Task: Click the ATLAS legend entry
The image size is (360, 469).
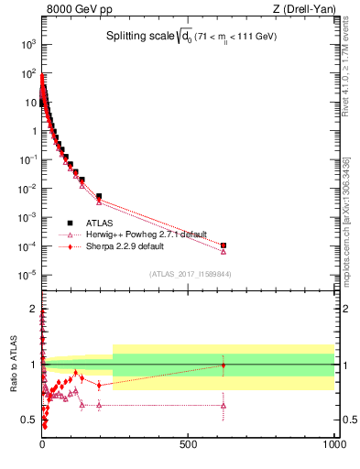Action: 101,223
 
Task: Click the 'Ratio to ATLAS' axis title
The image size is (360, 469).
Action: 13,364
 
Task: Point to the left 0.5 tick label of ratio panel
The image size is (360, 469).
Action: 30,420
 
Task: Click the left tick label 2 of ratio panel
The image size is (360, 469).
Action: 34,309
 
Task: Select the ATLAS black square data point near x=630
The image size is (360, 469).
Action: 224,245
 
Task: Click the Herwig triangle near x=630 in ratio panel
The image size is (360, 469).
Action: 224,405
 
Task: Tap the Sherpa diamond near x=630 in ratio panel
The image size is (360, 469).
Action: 224,365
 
